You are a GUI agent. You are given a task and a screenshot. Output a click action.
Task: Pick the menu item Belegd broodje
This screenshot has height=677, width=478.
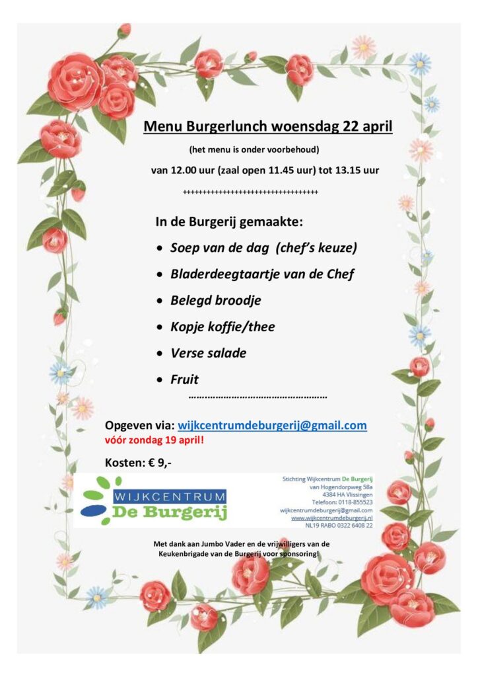pos(215,300)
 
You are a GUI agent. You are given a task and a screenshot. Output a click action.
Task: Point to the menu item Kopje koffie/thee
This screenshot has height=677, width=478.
pos(222,327)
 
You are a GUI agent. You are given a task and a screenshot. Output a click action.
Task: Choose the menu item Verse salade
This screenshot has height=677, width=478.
pos(208,353)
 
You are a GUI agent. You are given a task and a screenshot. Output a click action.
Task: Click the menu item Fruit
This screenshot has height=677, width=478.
pos(184,379)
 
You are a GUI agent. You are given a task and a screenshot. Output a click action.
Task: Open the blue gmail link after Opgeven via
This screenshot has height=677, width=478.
pos(272,425)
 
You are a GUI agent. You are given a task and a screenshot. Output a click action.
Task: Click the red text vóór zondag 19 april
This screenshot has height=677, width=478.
pos(154,440)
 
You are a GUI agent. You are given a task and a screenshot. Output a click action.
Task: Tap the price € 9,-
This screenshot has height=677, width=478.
pos(160,463)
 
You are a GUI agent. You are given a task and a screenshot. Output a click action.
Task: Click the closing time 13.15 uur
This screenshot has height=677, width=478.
pos(356,170)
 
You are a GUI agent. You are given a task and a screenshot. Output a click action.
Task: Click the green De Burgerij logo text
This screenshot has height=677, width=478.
pos(169,512)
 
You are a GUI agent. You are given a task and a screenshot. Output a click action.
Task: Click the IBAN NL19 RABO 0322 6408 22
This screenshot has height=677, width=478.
pos(337,526)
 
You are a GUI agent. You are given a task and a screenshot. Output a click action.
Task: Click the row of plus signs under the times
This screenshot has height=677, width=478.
pos(250,192)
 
